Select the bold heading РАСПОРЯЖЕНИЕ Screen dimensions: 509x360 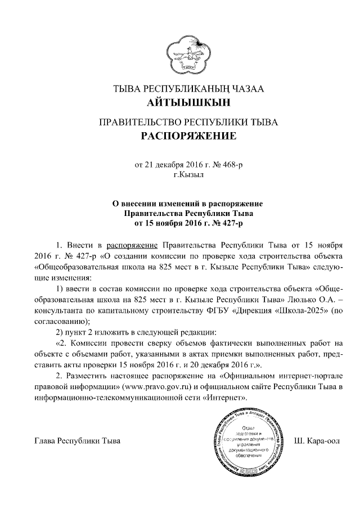click(181, 136)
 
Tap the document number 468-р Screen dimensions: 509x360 click(236, 165)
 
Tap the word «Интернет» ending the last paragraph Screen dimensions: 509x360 click(227, 398)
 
